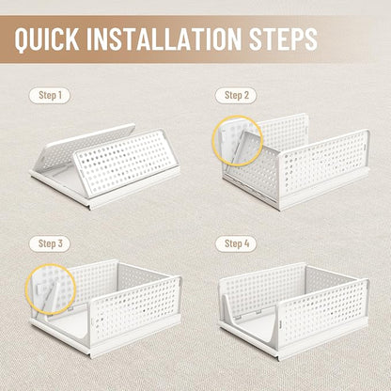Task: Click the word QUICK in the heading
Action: pos(47,39)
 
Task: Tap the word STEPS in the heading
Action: pos(283,39)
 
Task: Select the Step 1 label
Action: pos(50,95)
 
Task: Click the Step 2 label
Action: pos(236,95)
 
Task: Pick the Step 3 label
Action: pos(50,243)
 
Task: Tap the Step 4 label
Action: pos(236,243)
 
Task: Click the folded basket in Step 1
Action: pos(105,166)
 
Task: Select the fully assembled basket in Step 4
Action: pos(294,310)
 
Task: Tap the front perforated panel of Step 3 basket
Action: pos(135,310)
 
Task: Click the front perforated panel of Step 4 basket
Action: pos(323,312)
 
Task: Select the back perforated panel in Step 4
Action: pos(261,284)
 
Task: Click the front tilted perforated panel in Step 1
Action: pos(127,163)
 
